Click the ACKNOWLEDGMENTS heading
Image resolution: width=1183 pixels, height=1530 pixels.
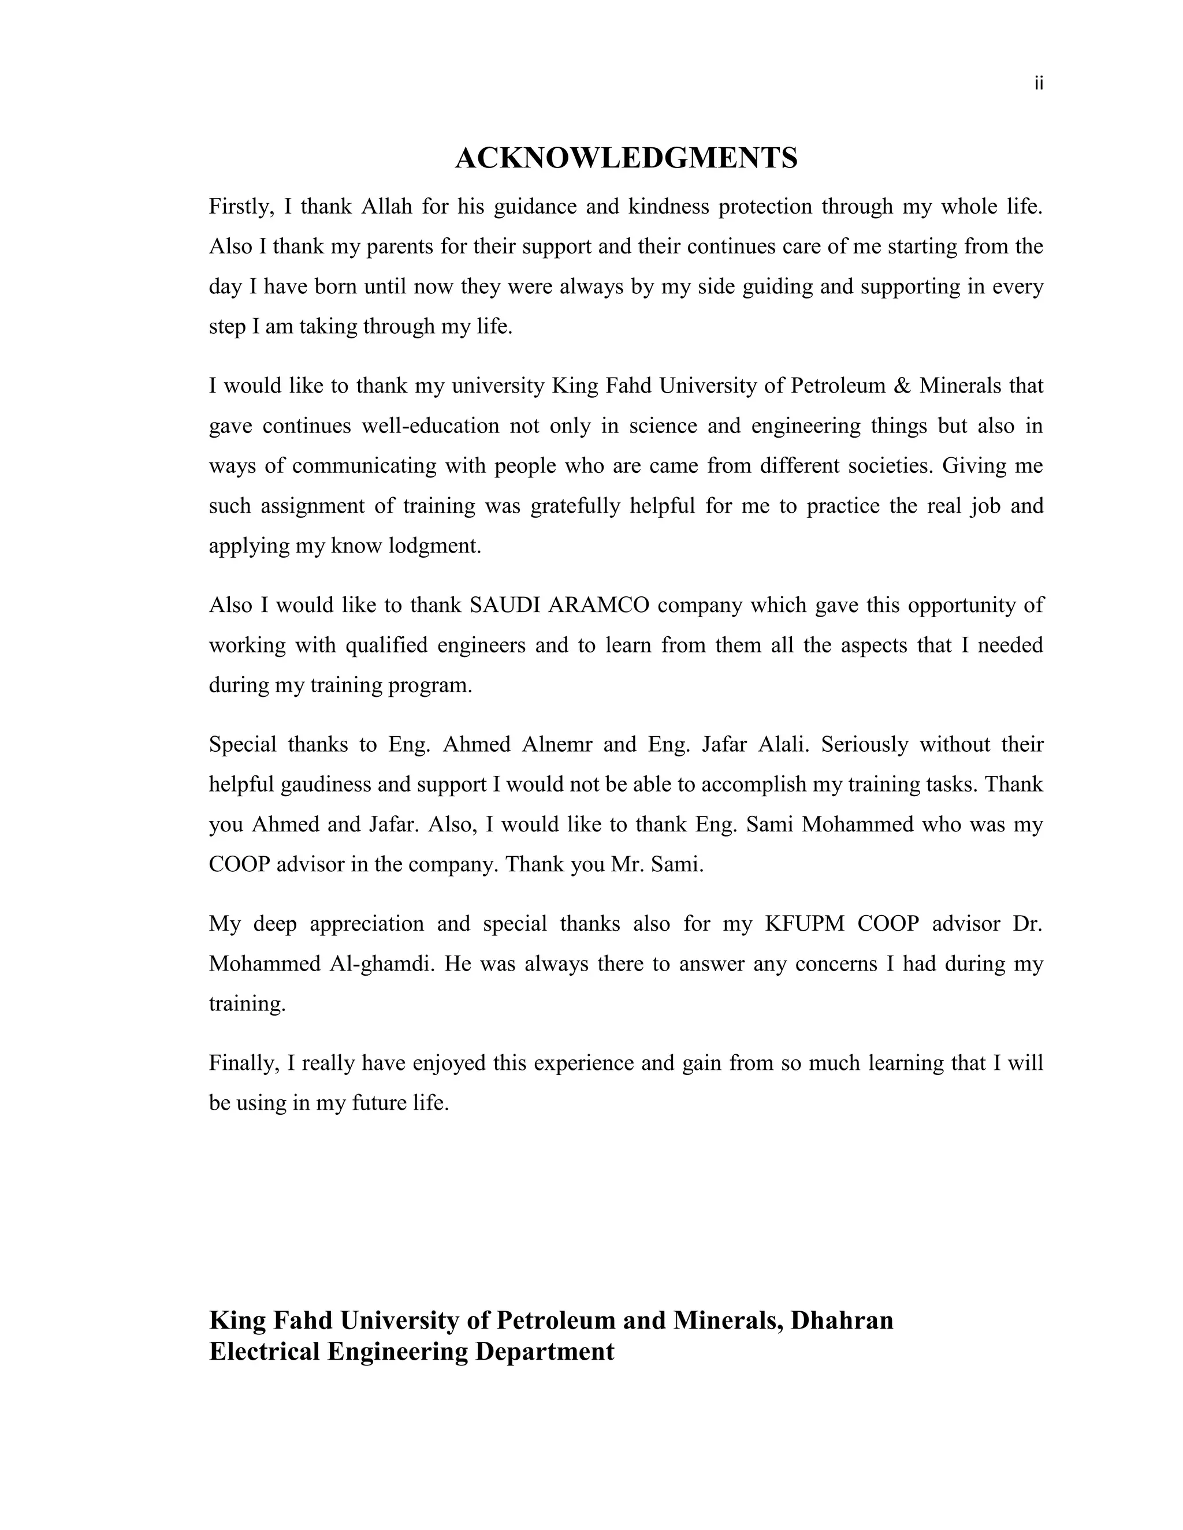point(626,158)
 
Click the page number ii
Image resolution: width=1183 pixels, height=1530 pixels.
point(1039,84)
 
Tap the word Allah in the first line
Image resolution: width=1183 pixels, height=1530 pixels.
point(387,207)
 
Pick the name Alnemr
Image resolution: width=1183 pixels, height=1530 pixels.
point(556,744)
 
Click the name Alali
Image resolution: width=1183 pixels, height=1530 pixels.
point(783,744)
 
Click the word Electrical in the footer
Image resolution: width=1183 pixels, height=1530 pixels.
point(264,1352)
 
